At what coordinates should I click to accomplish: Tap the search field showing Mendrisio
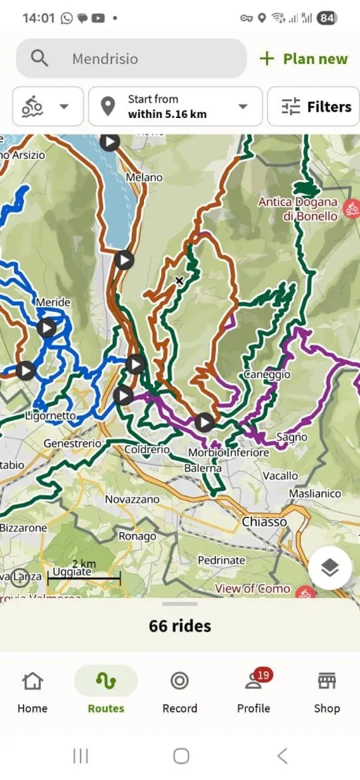click(131, 59)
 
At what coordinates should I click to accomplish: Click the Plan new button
click(304, 59)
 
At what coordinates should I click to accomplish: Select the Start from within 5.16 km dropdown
click(175, 107)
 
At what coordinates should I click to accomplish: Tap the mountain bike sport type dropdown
click(47, 107)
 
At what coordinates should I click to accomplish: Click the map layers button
click(330, 568)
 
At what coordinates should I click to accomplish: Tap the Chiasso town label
click(264, 521)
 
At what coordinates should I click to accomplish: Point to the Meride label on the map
click(53, 302)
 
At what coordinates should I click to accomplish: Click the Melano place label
click(144, 177)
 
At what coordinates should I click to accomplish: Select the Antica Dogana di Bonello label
click(297, 209)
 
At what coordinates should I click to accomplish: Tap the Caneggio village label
click(267, 375)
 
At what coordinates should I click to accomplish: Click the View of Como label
click(252, 589)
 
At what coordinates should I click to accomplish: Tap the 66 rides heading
click(180, 626)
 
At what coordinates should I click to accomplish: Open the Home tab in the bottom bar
click(33, 693)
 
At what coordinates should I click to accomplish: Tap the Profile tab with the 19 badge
click(254, 693)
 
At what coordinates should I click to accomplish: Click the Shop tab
click(327, 693)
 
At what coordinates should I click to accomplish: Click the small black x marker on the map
click(179, 281)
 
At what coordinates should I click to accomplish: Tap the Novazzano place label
click(132, 499)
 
